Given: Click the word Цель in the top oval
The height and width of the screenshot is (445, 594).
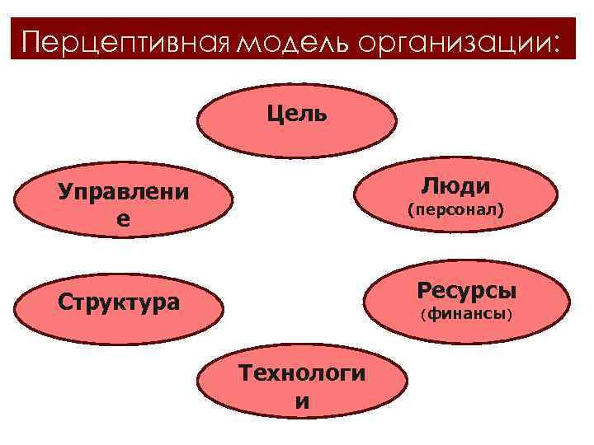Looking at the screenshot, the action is (297, 113).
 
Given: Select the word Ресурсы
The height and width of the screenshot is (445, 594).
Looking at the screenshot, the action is (467, 290).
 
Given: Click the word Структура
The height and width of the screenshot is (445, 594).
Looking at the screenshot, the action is (118, 301).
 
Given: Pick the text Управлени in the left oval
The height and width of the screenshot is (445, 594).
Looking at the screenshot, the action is (123, 193).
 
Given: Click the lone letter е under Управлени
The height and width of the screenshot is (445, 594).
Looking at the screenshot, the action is (123, 220).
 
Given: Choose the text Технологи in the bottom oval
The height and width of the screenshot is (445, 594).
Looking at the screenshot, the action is (302, 373).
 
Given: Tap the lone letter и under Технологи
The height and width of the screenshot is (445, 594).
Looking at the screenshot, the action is (302, 402).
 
